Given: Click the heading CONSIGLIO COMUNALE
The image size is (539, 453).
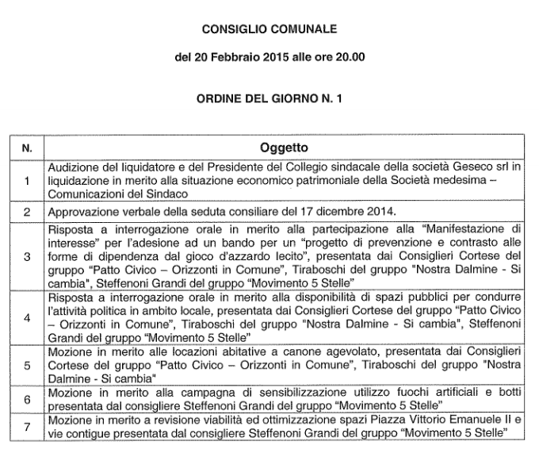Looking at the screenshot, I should [x=269, y=30].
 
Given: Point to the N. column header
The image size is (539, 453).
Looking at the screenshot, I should [x=27, y=148].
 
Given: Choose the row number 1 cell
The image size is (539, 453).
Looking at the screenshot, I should [x=27, y=181].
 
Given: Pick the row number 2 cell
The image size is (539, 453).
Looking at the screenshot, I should [x=27, y=213].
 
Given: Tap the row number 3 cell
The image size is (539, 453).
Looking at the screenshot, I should [x=27, y=257].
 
